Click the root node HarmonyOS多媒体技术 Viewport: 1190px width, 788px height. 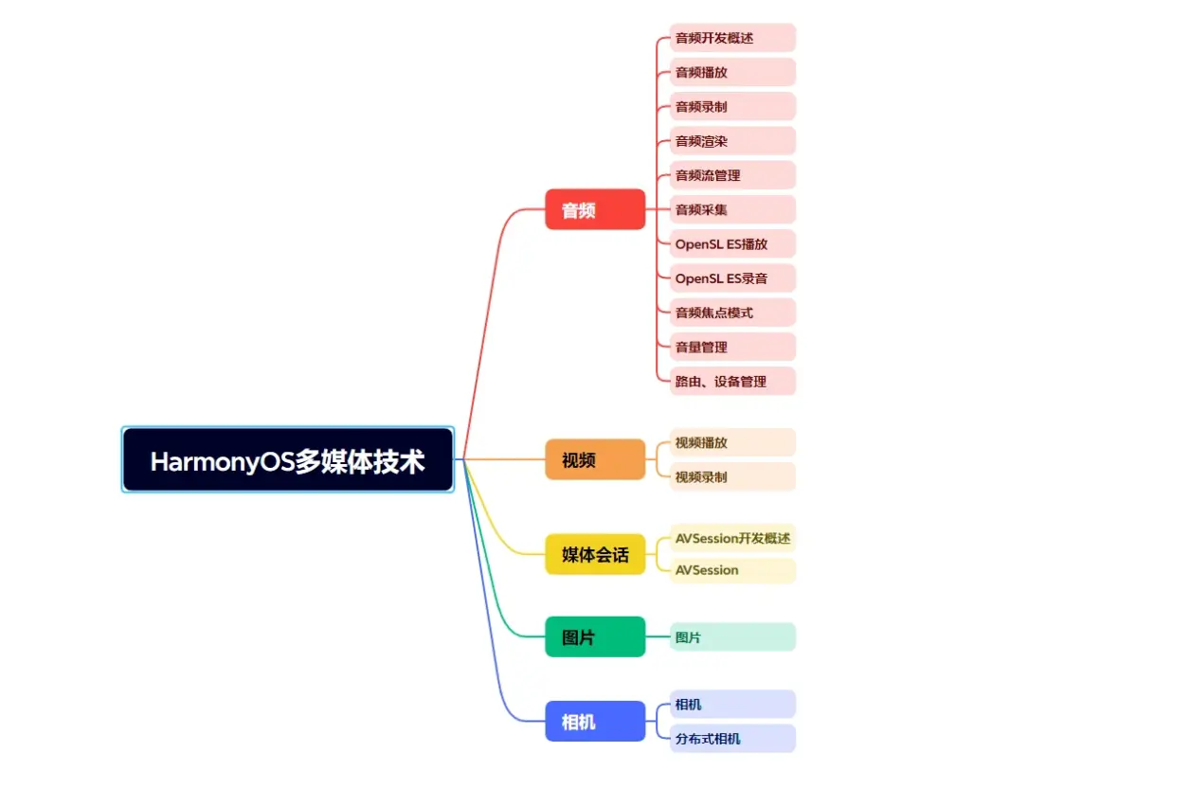coord(288,460)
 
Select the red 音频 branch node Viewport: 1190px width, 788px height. coord(595,209)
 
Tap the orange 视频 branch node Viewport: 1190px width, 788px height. coord(595,459)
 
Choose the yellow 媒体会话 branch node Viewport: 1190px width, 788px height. coord(595,554)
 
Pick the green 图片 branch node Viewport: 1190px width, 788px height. coord(595,636)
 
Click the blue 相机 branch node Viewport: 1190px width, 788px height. coord(595,721)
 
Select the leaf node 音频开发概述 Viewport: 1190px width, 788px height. coord(731,38)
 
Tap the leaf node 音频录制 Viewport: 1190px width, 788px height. coord(731,106)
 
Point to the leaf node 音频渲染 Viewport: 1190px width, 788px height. coord(731,141)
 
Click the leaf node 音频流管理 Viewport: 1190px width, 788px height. coord(731,175)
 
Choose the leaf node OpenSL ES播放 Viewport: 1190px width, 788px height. coord(731,243)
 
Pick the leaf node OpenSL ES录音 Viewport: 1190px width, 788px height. coord(731,278)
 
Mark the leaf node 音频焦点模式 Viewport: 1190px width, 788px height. coord(731,313)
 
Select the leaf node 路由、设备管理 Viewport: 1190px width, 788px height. coord(731,381)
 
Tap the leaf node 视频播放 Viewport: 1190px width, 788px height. coord(731,442)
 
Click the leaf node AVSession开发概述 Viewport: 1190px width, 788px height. coord(731,538)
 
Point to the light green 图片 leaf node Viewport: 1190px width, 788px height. coord(731,637)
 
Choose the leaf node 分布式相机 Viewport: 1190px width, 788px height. coord(731,739)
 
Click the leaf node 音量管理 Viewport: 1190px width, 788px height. coord(731,347)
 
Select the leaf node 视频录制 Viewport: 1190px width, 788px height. coord(731,476)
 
